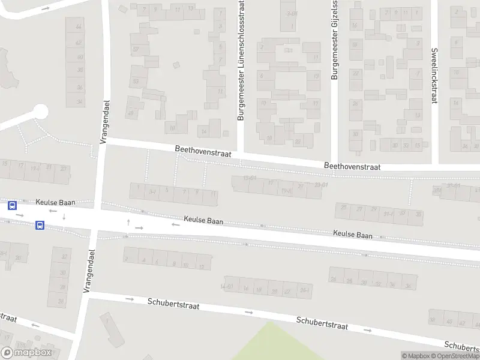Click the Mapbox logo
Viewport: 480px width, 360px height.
pyautogui.click(x=26, y=353)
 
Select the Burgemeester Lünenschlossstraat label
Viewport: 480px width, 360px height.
pyautogui.click(x=241, y=60)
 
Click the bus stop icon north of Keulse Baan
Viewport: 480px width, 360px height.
pyautogui.click(x=12, y=205)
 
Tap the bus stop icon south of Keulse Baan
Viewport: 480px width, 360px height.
pyautogui.click(x=40, y=225)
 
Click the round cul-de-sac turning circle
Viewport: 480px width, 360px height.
pyautogui.click(x=40, y=112)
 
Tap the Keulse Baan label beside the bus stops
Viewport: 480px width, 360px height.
pyautogui.click(x=55, y=203)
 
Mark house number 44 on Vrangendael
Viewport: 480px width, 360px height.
pyautogui.click(x=79, y=28)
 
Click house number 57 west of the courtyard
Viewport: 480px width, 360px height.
pyautogui.click(x=136, y=49)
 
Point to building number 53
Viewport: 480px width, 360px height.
pyautogui.click(x=136, y=82)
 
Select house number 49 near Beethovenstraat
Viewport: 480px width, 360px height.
pyautogui.click(x=130, y=113)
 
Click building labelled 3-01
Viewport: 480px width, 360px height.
pyautogui.click(x=292, y=13)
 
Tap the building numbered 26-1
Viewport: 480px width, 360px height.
pyautogui.click(x=304, y=291)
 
